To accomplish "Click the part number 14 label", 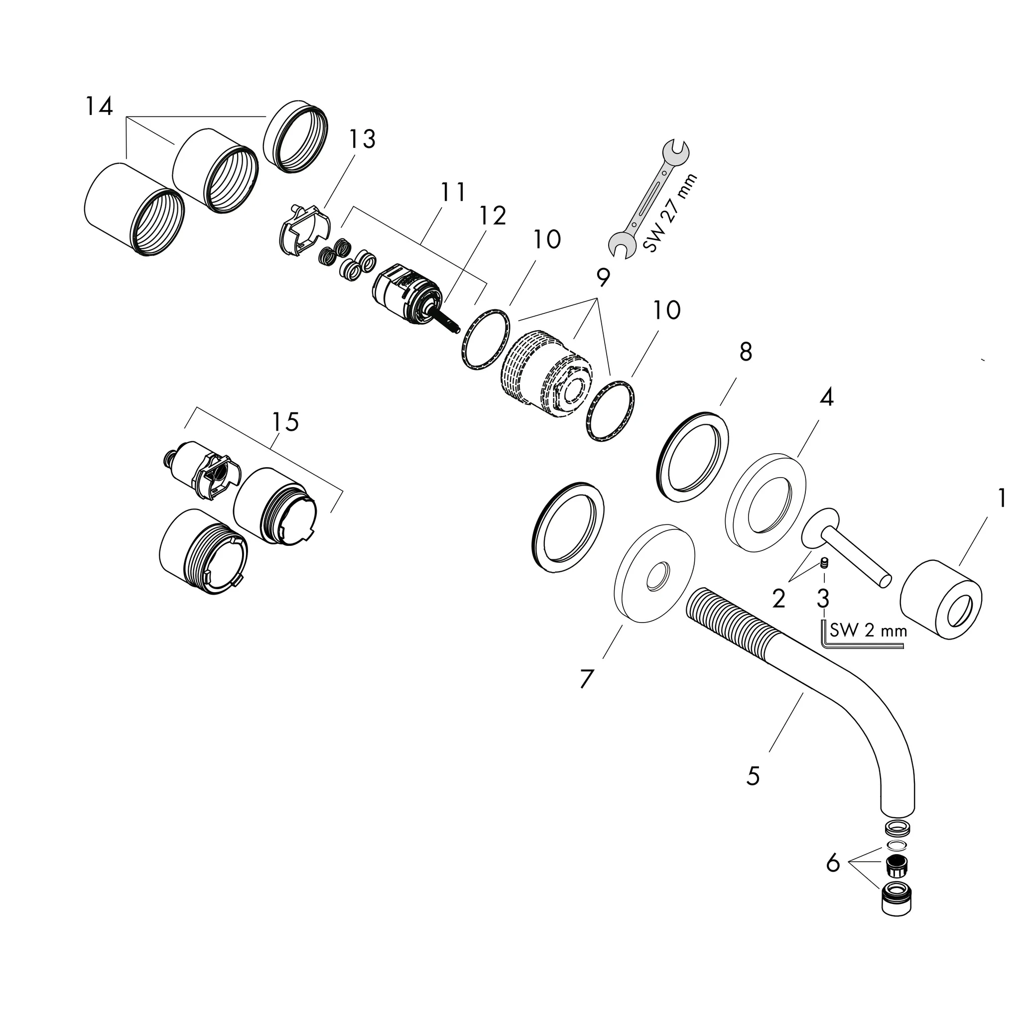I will click(99, 107).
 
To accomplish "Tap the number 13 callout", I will click(362, 139).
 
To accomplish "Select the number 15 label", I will click(285, 422).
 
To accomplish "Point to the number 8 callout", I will click(746, 352).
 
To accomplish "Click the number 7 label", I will click(587, 679).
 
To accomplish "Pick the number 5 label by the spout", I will click(753, 775).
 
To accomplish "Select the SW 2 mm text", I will click(869, 631).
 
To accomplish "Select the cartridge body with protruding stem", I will click(406, 296).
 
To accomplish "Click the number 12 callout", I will click(492, 216).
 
